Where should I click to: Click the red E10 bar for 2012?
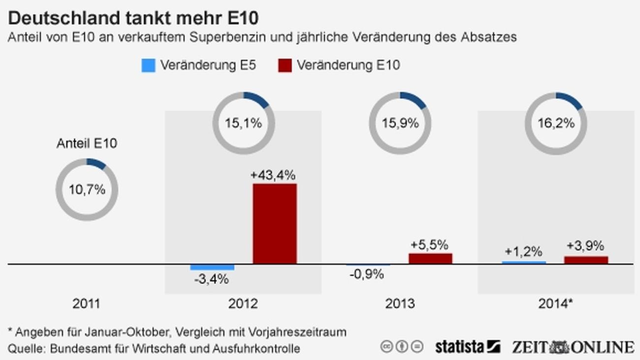[275, 224]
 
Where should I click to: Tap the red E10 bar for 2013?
[430, 259]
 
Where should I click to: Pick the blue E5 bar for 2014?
[524, 262]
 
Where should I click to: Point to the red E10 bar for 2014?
[586, 260]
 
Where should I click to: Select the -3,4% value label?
[211, 279]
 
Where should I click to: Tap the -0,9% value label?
[367, 274]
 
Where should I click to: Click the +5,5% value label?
[429, 244]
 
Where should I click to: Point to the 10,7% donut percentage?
[87, 190]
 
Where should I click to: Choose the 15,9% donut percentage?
[400, 123]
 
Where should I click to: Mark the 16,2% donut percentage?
[556, 123]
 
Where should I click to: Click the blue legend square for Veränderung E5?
[148, 65]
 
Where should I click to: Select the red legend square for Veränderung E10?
[285, 65]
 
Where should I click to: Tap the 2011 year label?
[86, 303]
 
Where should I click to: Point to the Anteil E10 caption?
[87, 144]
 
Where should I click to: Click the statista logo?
[467, 346]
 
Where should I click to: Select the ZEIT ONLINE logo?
[573, 346]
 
